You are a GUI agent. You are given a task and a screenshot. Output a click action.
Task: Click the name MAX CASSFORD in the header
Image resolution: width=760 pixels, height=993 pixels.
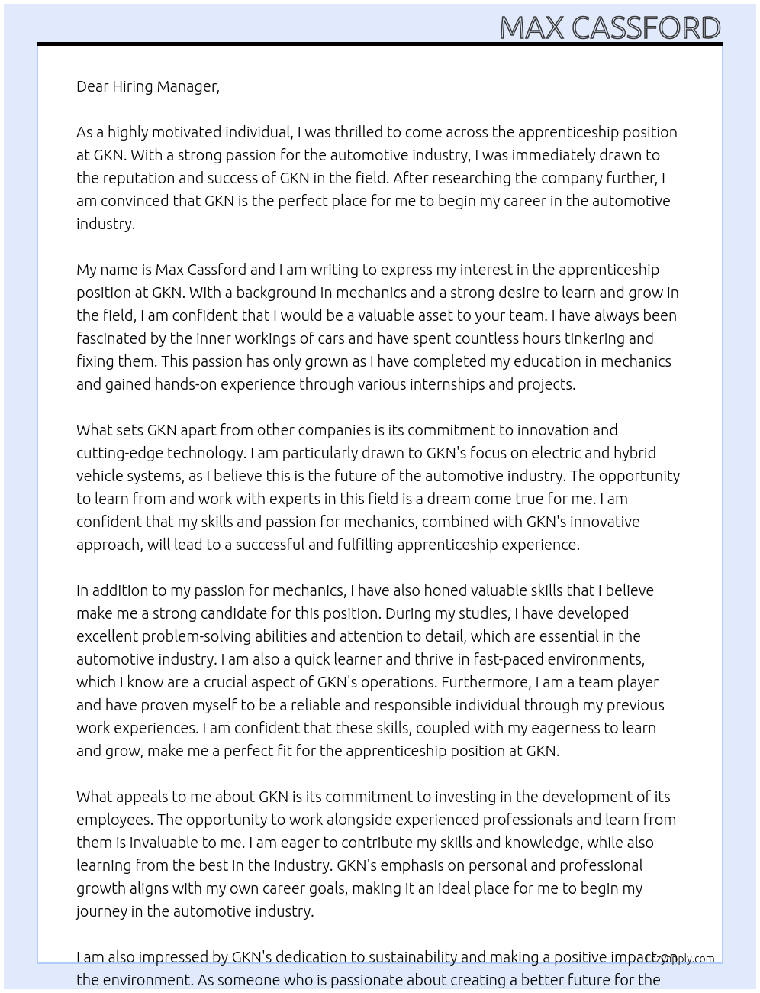pos(609,27)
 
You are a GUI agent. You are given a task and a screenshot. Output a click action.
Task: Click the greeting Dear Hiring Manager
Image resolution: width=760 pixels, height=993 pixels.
pos(147,86)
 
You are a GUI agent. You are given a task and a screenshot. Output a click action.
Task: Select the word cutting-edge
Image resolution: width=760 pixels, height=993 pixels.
pos(119,453)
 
